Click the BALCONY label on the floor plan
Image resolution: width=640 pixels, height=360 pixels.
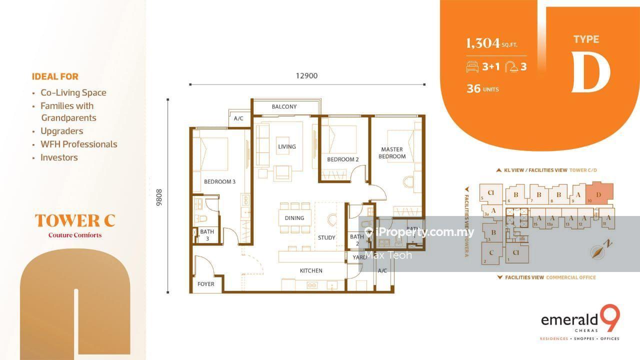(284, 106)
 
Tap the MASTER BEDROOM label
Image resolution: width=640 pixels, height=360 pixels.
(392, 153)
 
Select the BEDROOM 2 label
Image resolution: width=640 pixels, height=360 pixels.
(343, 159)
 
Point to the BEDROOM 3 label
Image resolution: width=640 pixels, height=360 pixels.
(219, 181)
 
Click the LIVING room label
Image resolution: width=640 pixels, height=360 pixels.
(286, 146)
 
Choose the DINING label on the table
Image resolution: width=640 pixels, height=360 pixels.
(294, 217)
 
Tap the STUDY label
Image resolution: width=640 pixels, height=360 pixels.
(326, 237)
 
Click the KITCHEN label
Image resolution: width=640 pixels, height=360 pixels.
(311, 270)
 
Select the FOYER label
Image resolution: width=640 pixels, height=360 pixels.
(205, 284)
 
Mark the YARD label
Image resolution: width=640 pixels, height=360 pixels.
(359, 257)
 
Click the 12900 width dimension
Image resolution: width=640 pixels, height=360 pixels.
(306, 76)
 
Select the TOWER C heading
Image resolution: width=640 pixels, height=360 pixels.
(75, 220)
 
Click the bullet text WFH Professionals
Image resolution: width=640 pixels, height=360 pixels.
(78, 144)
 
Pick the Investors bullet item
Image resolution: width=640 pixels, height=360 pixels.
(59, 157)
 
